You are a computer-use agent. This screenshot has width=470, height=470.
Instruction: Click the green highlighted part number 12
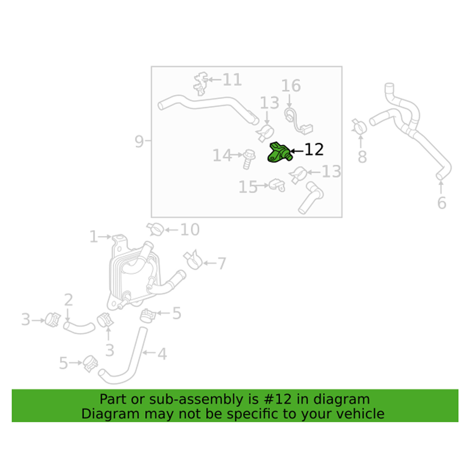pyautogui.click(x=279, y=153)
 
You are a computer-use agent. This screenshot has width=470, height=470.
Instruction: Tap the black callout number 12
pyautogui.click(x=314, y=150)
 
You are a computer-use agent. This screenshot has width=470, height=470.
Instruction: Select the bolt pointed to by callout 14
pyautogui.click(x=249, y=159)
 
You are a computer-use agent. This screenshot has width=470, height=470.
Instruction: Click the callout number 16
pyautogui.click(x=291, y=86)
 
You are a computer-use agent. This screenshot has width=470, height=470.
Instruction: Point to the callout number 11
pyautogui.click(x=232, y=80)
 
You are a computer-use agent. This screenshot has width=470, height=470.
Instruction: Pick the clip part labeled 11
pyautogui.click(x=201, y=83)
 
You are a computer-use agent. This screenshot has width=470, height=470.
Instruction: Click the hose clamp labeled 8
pyautogui.click(x=359, y=126)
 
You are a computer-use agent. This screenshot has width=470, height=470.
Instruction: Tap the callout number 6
pyautogui.click(x=441, y=203)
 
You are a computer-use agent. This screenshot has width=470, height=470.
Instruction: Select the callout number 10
pyautogui.click(x=190, y=230)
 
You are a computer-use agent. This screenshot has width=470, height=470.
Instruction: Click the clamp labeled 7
pyautogui.click(x=193, y=259)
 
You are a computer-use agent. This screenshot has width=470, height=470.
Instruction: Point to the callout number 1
pyautogui.click(x=93, y=237)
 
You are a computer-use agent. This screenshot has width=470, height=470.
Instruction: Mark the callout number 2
pyautogui.click(x=68, y=300)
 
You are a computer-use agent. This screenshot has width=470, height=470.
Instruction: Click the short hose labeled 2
pyautogui.click(x=79, y=327)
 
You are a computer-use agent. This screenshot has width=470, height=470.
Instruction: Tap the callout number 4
pyautogui.click(x=162, y=354)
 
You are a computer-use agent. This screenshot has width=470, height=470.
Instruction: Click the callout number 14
pyautogui.click(x=222, y=155)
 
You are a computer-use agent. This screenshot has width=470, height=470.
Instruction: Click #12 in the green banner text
pyautogui.click(x=278, y=399)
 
